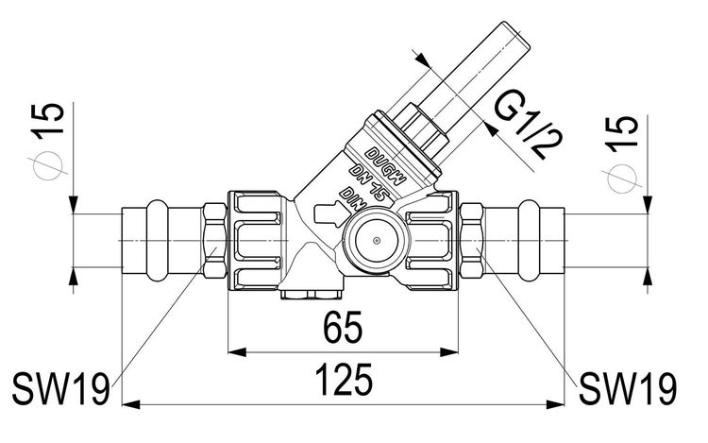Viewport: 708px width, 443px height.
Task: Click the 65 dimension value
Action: click(x=343, y=327)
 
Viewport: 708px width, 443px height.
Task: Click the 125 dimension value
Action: click(x=344, y=380)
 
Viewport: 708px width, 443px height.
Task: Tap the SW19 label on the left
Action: click(x=60, y=389)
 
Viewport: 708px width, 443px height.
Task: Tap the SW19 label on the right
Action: click(x=628, y=389)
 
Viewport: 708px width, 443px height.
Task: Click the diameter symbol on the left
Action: click(x=48, y=165)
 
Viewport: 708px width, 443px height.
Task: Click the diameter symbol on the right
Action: click(x=622, y=178)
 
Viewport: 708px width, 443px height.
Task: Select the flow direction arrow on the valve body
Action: click(x=329, y=213)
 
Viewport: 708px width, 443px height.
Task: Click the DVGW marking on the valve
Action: click(x=386, y=166)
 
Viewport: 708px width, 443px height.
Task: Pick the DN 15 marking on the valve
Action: click(x=368, y=181)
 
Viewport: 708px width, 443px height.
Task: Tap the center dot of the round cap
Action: click(x=376, y=240)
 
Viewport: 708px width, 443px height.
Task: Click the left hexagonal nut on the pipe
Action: click(x=214, y=240)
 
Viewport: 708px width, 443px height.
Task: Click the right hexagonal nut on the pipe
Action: click(x=472, y=240)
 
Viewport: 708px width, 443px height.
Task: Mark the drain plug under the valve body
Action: click(x=312, y=295)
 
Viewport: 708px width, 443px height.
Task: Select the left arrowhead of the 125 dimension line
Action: click(x=131, y=404)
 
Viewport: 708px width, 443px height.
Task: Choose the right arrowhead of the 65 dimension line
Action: click(x=449, y=351)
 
